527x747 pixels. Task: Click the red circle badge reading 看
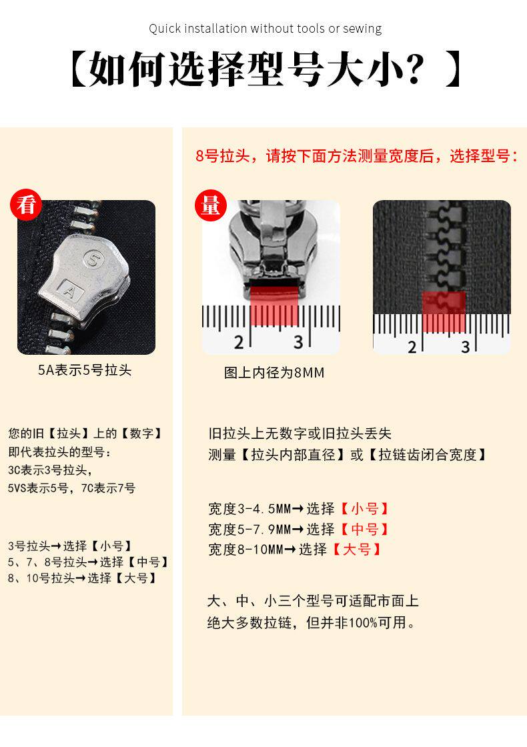[26, 205]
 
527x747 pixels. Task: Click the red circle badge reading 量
[210, 205]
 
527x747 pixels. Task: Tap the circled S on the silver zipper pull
[93, 259]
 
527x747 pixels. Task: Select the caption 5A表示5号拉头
[85, 370]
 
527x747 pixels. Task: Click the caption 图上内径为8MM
[274, 373]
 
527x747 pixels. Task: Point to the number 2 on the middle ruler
[239, 341]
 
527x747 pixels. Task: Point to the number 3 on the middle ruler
[298, 341]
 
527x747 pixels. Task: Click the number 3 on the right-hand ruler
[466, 347]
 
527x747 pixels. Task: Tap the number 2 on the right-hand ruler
[412, 347]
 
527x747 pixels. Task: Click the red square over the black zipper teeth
[444, 312]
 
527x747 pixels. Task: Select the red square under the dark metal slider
[274, 305]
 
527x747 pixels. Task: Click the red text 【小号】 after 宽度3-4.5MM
[364, 509]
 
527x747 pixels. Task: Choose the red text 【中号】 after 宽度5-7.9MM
[364, 530]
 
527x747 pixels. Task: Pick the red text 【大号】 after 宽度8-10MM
[356, 550]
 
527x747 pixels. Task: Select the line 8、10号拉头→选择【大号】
[83, 578]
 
